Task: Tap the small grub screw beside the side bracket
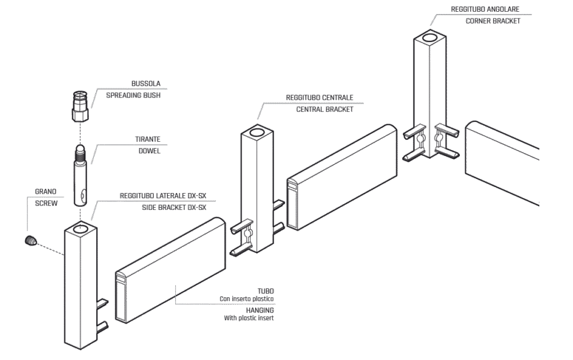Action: pos(30,240)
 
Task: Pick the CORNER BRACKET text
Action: pos(492,21)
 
